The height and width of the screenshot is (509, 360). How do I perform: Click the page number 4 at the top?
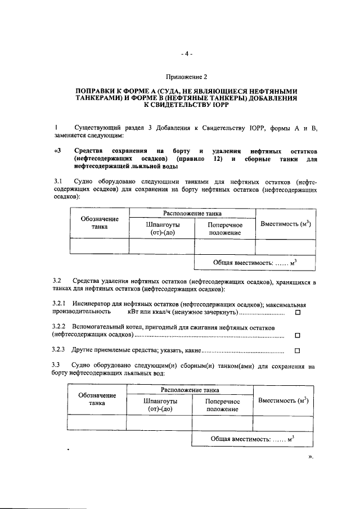point(187,54)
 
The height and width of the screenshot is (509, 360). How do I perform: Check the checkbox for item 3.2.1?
point(298,312)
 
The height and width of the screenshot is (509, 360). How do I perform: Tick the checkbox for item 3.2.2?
point(298,336)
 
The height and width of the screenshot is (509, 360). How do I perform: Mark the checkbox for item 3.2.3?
point(298,351)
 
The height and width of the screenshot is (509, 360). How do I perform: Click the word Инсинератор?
point(91,303)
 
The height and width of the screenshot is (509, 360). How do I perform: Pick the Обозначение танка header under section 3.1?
point(99,223)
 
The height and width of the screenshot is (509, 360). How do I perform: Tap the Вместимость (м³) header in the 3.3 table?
point(283,400)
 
